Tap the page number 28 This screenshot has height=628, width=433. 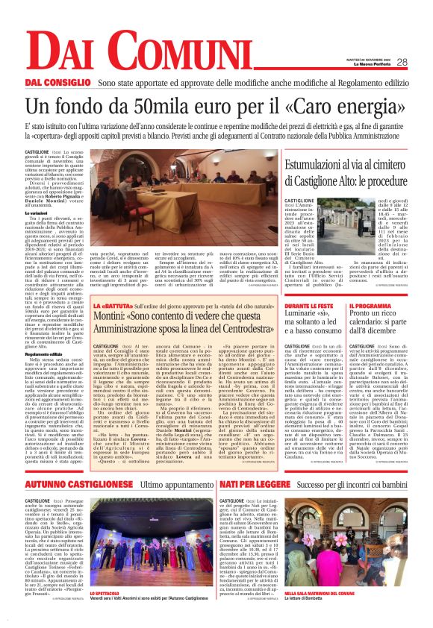tap(402, 62)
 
